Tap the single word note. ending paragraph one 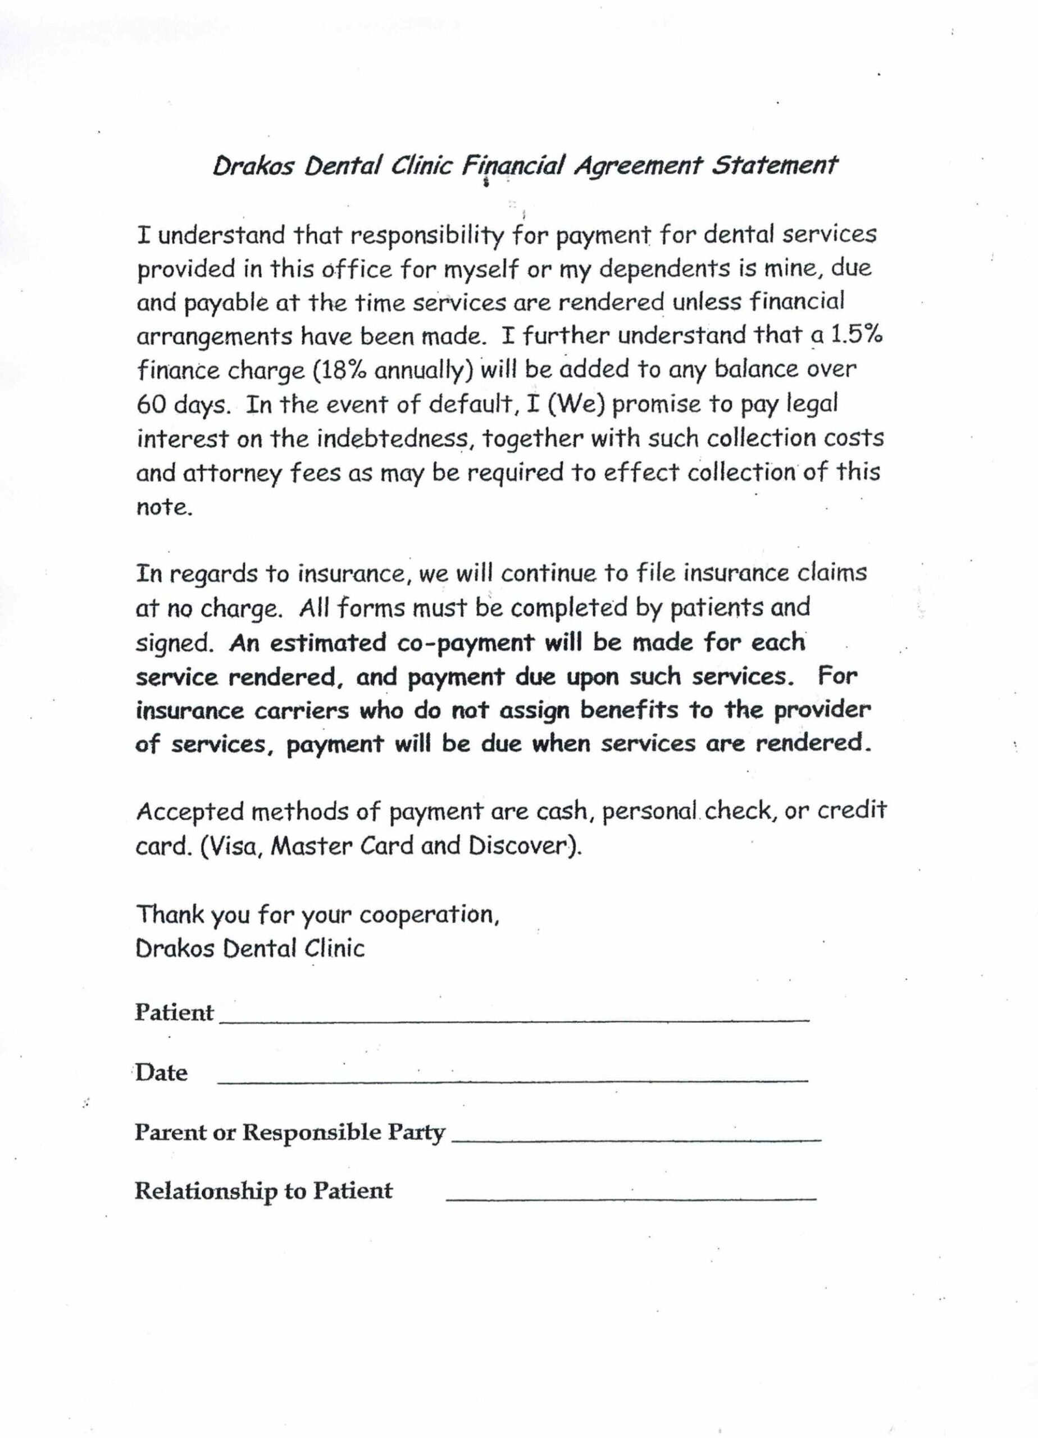coord(163,507)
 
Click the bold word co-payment coord(466,643)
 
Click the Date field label coord(161,1073)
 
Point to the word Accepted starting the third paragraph coord(190,812)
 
